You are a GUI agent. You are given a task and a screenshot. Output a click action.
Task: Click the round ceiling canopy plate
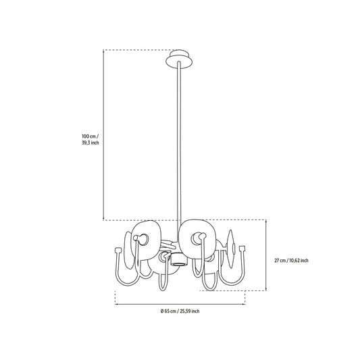(x=179, y=59)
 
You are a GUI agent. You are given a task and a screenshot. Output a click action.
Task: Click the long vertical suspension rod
(x=179, y=151)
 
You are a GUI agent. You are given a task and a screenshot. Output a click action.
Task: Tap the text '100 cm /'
(x=91, y=136)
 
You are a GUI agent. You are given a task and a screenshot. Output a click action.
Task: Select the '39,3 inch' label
(x=91, y=143)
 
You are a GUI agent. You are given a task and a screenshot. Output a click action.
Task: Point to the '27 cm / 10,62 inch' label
(x=291, y=261)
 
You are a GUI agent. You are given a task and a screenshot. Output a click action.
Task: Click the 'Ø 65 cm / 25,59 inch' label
(x=180, y=311)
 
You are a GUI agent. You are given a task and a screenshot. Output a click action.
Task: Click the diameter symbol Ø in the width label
(x=162, y=311)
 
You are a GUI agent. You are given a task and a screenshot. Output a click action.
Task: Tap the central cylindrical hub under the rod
(x=180, y=259)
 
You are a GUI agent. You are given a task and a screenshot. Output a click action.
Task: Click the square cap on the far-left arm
(x=118, y=250)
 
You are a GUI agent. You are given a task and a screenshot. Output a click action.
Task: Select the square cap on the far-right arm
(x=242, y=249)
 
